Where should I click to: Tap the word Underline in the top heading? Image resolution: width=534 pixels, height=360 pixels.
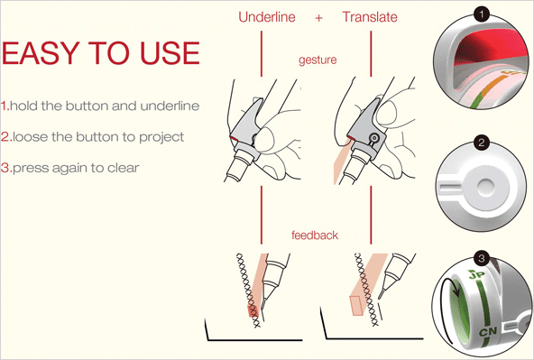(267, 17)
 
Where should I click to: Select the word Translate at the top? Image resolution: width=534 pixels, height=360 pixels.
(370, 17)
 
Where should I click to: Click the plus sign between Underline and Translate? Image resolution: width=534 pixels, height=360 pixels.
(318, 18)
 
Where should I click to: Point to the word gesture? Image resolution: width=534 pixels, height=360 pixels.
(318, 60)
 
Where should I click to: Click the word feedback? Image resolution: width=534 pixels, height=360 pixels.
(315, 235)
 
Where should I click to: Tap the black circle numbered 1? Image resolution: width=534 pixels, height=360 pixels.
(481, 14)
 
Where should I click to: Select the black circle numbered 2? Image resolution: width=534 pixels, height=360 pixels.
(481, 142)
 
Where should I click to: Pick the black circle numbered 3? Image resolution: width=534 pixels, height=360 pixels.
(481, 258)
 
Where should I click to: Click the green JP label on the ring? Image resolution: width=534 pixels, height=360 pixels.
(476, 274)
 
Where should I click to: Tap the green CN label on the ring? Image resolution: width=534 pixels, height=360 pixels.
(488, 331)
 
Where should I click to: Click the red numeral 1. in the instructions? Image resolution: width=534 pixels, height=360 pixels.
(5, 106)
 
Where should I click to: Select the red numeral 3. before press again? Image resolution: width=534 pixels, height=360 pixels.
(6, 168)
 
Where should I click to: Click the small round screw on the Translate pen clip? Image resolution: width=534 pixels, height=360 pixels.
(374, 138)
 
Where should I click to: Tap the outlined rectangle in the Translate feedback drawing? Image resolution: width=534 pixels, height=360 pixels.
(356, 306)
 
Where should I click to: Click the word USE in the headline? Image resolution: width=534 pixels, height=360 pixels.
(170, 53)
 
